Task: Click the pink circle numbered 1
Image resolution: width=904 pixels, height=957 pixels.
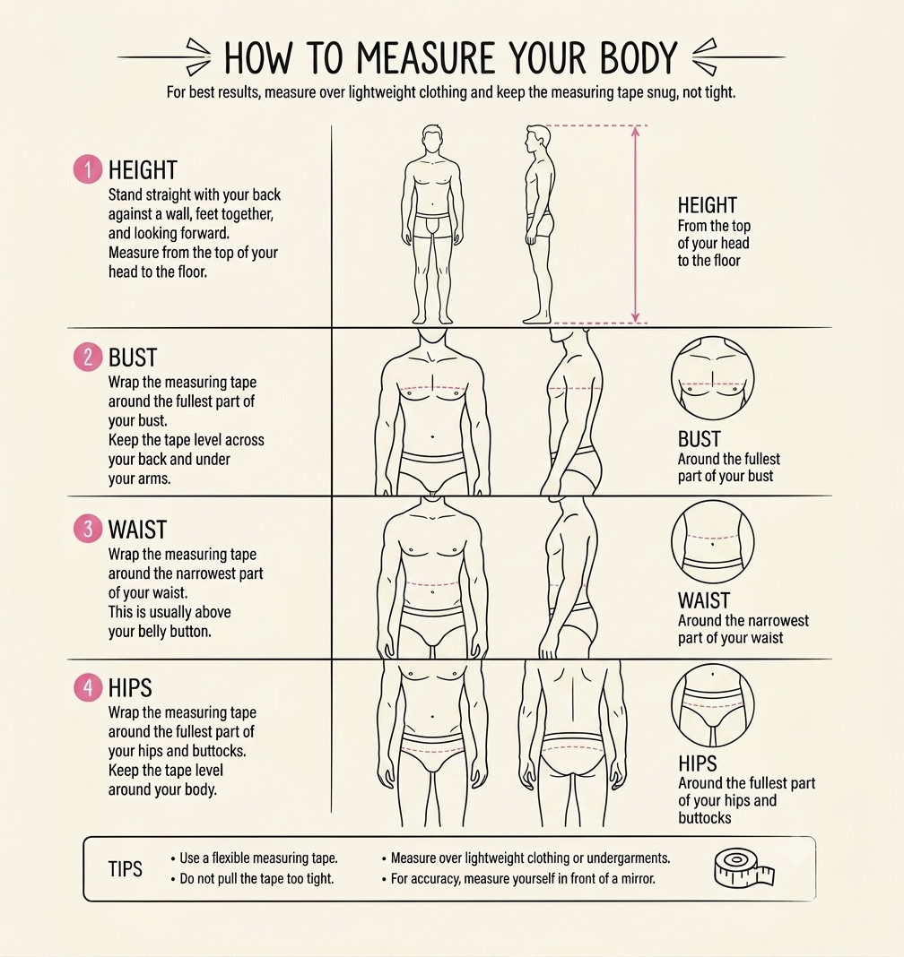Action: (x=88, y=169)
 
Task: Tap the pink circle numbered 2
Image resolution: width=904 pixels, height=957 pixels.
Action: (x=88, y=357)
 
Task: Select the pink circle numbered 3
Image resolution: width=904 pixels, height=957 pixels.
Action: (x=88, y=529)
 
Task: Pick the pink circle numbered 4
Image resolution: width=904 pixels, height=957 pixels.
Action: (x=88, y=688)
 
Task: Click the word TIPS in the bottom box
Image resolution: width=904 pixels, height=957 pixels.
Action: (x=126, y=869)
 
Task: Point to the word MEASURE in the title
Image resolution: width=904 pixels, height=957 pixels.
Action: (x=426, y=58)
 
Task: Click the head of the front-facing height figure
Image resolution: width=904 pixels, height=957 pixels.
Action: (x=432, y=141)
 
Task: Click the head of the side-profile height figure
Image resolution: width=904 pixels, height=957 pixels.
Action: (x=537, y=141)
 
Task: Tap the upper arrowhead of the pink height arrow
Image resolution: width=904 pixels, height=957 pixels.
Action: (x=635, y=131)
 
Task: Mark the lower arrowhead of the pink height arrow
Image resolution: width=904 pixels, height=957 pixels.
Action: (x=635, y=316)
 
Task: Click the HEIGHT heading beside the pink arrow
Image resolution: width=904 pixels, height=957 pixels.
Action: (x=708, y=205)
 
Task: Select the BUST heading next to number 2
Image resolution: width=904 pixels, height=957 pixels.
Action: (x=133, y=358)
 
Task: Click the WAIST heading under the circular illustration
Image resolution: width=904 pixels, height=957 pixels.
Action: (x=704, y=600)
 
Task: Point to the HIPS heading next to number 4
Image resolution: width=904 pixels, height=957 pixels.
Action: (x=130, y=688)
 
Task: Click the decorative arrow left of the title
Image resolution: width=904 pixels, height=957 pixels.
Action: (x=164, y=56)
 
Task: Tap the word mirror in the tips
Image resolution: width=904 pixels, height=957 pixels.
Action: (x=638, y=879)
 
